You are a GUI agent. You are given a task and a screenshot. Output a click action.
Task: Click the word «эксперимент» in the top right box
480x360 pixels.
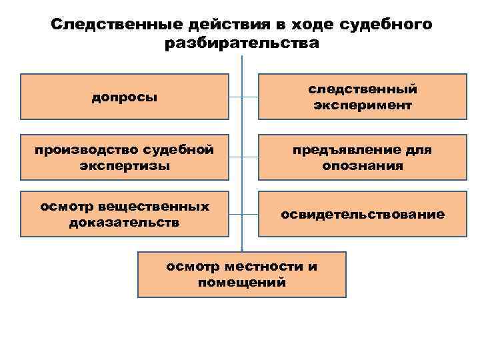pos(362,106)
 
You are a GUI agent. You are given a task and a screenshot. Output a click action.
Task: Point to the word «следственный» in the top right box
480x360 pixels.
pos(362,89)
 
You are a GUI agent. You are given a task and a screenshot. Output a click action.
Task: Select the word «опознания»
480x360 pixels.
pos(362,165)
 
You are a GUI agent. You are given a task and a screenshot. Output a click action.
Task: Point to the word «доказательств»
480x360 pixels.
pos(124,222)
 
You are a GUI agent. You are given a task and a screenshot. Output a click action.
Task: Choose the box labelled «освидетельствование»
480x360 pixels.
pos(362,214)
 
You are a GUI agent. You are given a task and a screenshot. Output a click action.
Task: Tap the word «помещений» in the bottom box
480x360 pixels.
pos(241,282)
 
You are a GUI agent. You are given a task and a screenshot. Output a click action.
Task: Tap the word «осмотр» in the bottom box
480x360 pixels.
pos(191,267)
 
